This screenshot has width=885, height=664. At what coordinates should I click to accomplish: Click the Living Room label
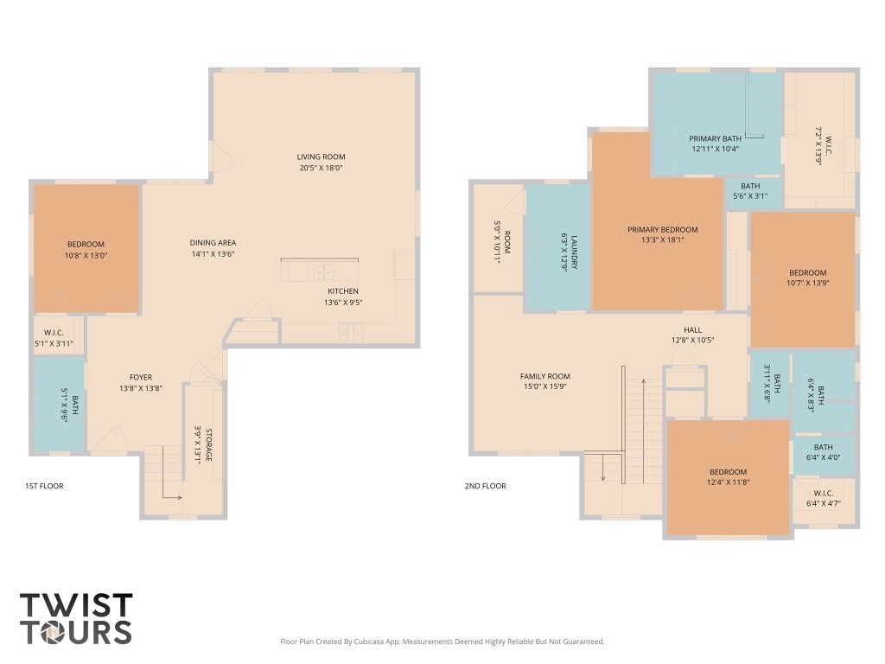(x=321, y=156)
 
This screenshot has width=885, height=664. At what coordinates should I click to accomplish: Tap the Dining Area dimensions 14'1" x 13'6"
(x=213, y=254)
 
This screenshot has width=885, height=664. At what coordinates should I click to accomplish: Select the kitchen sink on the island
(x=322, y=271)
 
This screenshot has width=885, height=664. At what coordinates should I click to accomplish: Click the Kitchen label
(x=341, y=291)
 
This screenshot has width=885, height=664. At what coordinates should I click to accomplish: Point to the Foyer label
(x=141, y=377)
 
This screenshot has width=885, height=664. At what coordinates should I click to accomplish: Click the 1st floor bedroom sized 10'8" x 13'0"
(x=86, y=249)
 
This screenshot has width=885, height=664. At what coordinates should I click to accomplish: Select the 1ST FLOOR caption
(x=44, y=486)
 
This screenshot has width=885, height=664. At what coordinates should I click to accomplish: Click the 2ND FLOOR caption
(x=485, y=486)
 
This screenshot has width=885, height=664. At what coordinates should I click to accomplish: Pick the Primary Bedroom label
(x=662, y=229)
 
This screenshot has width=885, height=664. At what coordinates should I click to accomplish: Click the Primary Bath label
(x=715, y=138)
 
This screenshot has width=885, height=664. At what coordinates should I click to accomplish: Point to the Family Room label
(x=544, y=376)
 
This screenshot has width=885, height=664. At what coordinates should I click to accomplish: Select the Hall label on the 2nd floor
(x=692, y=329)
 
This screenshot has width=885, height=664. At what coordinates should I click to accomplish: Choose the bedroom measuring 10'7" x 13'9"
(x=807, y=277)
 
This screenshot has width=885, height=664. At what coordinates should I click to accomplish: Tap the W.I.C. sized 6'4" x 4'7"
(x=822, y=498)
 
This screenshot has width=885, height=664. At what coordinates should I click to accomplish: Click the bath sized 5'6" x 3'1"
(x=749, y=191)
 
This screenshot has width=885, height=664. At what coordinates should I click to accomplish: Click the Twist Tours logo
(x=76, y=618)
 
